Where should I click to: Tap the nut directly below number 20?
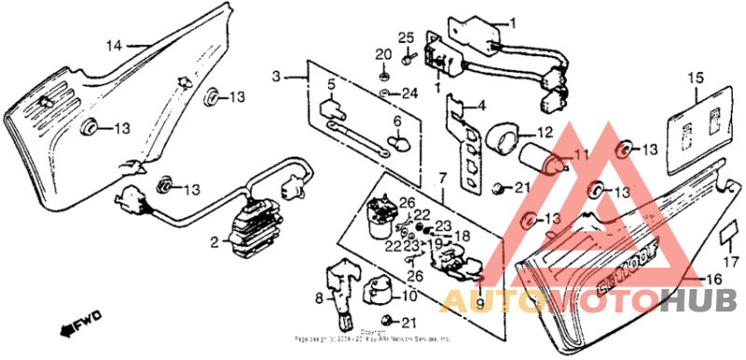384,74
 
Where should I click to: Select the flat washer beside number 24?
385,94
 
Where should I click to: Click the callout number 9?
482,303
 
